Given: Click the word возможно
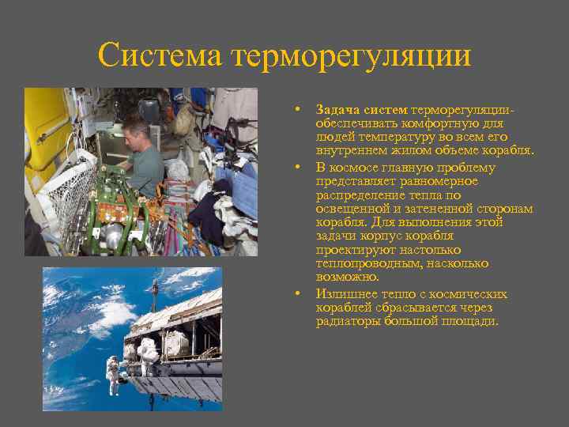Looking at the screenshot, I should tap(346, 278).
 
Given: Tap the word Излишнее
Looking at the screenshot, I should tap(347, 294).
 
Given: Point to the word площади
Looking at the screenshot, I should tap(473, 322).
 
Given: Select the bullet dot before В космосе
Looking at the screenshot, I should tap(296, 167).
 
